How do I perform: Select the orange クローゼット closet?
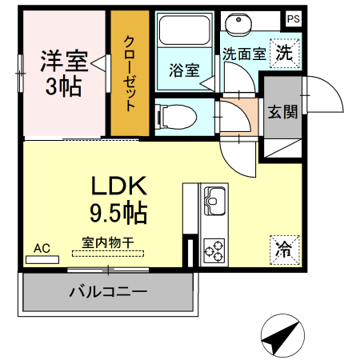(x=129, y=74)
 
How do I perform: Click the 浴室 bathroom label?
(x=183, y=70)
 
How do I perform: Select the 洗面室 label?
(x=243, y=55)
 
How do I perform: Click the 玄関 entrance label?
(x=282, y=111)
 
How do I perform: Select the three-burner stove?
(x=214, y=251)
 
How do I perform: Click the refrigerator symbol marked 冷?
(x=284, y=248)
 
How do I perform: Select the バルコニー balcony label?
(x=108, y=291)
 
